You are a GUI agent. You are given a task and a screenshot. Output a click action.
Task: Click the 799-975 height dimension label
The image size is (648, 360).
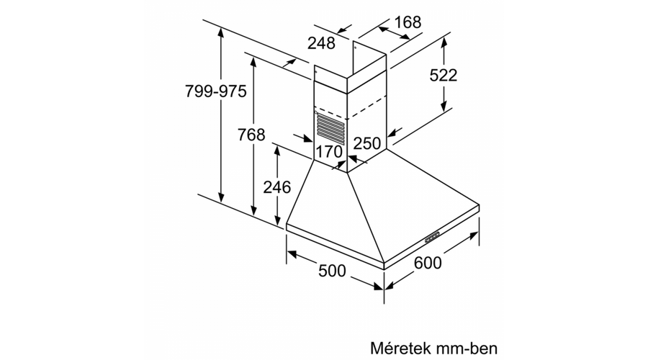[215, 91]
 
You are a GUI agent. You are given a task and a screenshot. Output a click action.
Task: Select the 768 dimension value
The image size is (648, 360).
[251, 135]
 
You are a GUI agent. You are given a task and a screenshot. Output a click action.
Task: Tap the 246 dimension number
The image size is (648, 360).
[277, 187]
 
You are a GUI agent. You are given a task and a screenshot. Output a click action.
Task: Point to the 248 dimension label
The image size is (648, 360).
[321, 42]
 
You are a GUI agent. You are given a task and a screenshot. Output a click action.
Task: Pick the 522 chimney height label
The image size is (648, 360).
[444, 75]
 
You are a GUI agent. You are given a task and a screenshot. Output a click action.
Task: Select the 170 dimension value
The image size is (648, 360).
[329, 151]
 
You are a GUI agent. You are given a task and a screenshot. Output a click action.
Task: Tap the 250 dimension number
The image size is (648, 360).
[367, 143]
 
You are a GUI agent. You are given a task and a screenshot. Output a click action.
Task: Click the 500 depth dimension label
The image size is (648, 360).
[332, 271]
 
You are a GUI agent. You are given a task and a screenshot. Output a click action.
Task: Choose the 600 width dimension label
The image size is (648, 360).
[427, 263]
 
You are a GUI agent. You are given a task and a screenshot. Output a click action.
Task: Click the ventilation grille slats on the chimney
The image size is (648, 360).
[330, 130]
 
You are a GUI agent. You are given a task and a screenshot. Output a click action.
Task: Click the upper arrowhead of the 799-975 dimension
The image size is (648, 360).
[222, 32]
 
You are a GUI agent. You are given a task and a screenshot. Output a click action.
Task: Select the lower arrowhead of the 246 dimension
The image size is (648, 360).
[278, 220]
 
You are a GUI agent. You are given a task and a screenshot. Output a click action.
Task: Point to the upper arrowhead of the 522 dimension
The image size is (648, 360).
[444, 42]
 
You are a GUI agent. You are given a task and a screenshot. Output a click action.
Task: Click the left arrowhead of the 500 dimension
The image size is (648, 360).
[292, 253]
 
